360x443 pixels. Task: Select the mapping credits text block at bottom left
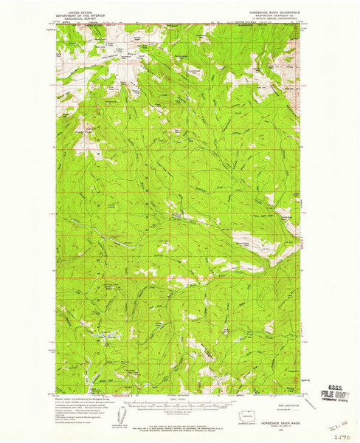[x=81, y=405]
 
